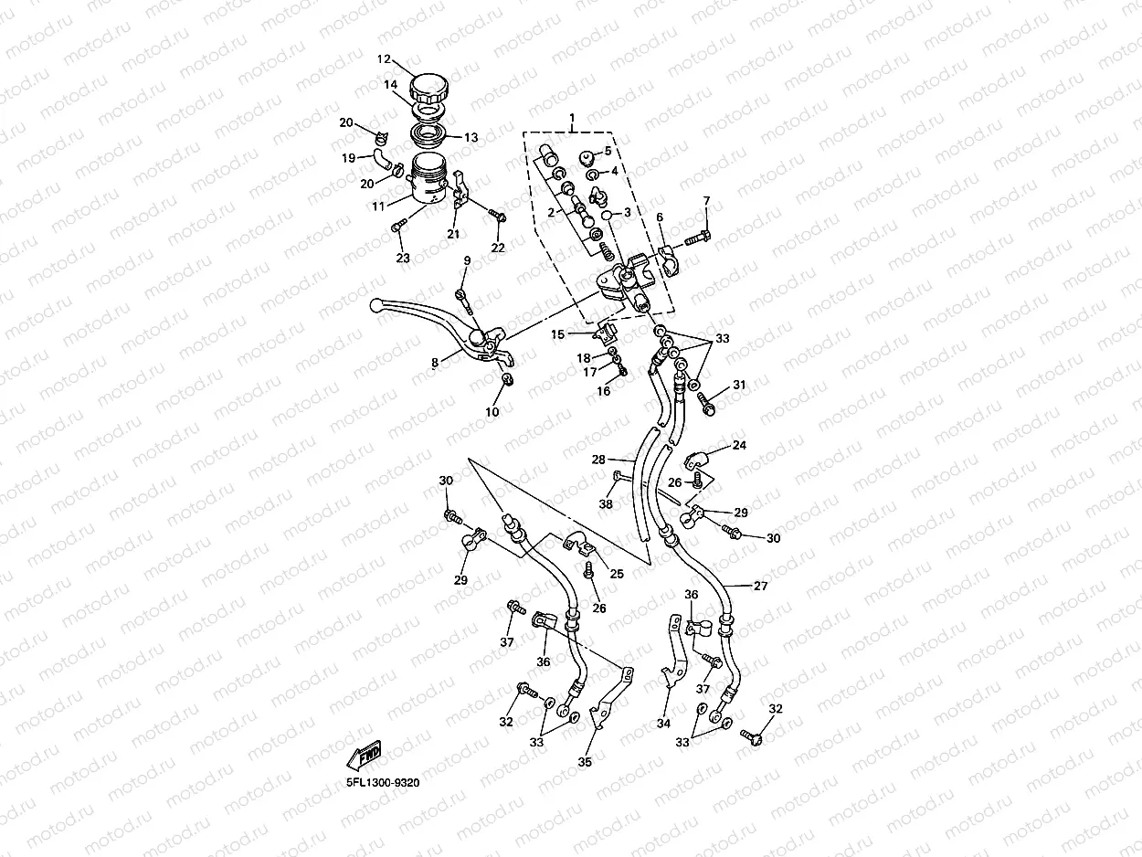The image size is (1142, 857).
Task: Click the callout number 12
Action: (385, 59)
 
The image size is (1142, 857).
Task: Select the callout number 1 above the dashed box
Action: (572, 119)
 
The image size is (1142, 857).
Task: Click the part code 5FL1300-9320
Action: (383, 782)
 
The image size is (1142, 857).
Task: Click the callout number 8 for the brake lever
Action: (435, 363)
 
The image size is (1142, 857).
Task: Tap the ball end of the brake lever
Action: (375, 304)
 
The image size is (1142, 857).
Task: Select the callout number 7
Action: (705, 200)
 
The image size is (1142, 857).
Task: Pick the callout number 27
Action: (760, 586)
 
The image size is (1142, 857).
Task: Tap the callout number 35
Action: (585, 761)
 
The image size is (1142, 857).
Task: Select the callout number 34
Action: (663, 724)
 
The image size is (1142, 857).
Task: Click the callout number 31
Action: (739, 385)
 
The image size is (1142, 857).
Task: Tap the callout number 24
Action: (739, 446)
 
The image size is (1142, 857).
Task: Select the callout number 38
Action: (606, 503)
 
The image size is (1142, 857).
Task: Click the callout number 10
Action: (492, 411)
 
